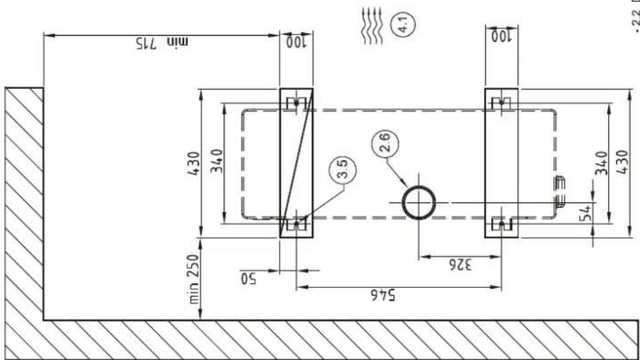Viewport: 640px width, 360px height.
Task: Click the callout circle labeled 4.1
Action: click(403, 24)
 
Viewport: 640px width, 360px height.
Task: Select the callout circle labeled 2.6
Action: click(385, 143)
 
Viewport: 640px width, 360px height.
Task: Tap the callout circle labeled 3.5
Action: click(342, 169)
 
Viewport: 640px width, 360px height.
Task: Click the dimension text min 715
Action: click(162, 42)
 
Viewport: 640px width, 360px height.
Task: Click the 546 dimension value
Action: click(383, 295)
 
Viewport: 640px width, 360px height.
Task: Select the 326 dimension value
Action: click(460, 265)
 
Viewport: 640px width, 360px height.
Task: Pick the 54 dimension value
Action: click(585, 213)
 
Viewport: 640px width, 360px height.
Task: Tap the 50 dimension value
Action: click(248, 278)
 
